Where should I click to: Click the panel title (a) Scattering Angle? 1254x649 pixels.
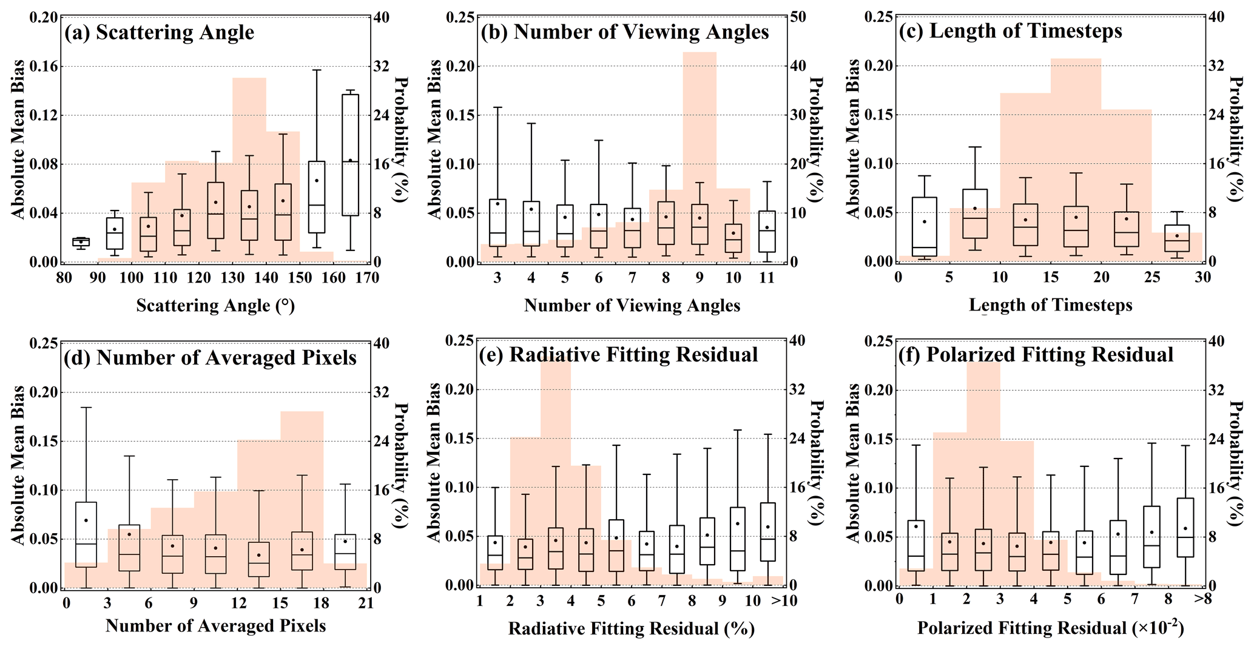[160, 32]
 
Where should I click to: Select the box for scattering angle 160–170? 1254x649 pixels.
[350, 155]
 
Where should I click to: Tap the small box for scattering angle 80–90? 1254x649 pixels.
[81, 242]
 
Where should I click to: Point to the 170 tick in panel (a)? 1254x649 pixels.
[367, 278]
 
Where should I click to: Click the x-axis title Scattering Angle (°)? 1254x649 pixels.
[215, 305]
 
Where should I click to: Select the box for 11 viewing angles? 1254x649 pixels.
[767, 231]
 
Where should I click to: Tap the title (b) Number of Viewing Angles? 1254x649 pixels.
[625, 32]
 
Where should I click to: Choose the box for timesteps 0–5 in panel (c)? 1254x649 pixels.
[924, 226]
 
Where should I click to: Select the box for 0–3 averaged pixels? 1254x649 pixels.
[86, 534]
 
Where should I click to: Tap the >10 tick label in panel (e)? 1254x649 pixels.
[784, 600]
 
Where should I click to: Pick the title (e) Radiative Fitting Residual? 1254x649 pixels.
[619, 355]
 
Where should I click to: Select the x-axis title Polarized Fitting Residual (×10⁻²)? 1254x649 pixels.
[1050, 627]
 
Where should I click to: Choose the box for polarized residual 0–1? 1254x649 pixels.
[916, 545]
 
